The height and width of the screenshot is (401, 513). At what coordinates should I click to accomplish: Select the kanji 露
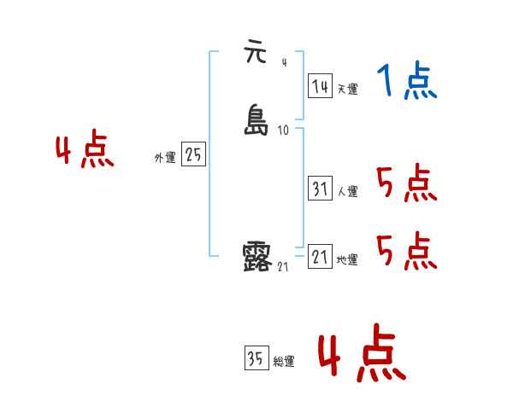tap(257, 256)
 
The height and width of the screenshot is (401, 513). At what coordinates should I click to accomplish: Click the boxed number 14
tap(320, 86)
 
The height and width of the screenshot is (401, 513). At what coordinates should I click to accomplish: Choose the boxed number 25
tap(194, 155)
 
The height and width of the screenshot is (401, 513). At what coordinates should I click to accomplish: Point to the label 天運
tap(347, 89)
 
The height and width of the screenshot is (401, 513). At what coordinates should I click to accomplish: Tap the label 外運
tap(165, 158)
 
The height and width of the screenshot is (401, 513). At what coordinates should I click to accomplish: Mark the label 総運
tap(284, 362)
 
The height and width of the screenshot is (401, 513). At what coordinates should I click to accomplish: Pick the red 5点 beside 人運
tap(406, 183)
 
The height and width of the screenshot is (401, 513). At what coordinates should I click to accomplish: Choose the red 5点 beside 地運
tap(406, 251)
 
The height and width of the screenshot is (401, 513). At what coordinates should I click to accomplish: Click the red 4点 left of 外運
tap(85, 151)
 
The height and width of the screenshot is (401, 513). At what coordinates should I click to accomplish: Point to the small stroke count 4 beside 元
tap(284, 61)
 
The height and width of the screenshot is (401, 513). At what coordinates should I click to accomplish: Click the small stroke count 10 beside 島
tap(284, 131)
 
